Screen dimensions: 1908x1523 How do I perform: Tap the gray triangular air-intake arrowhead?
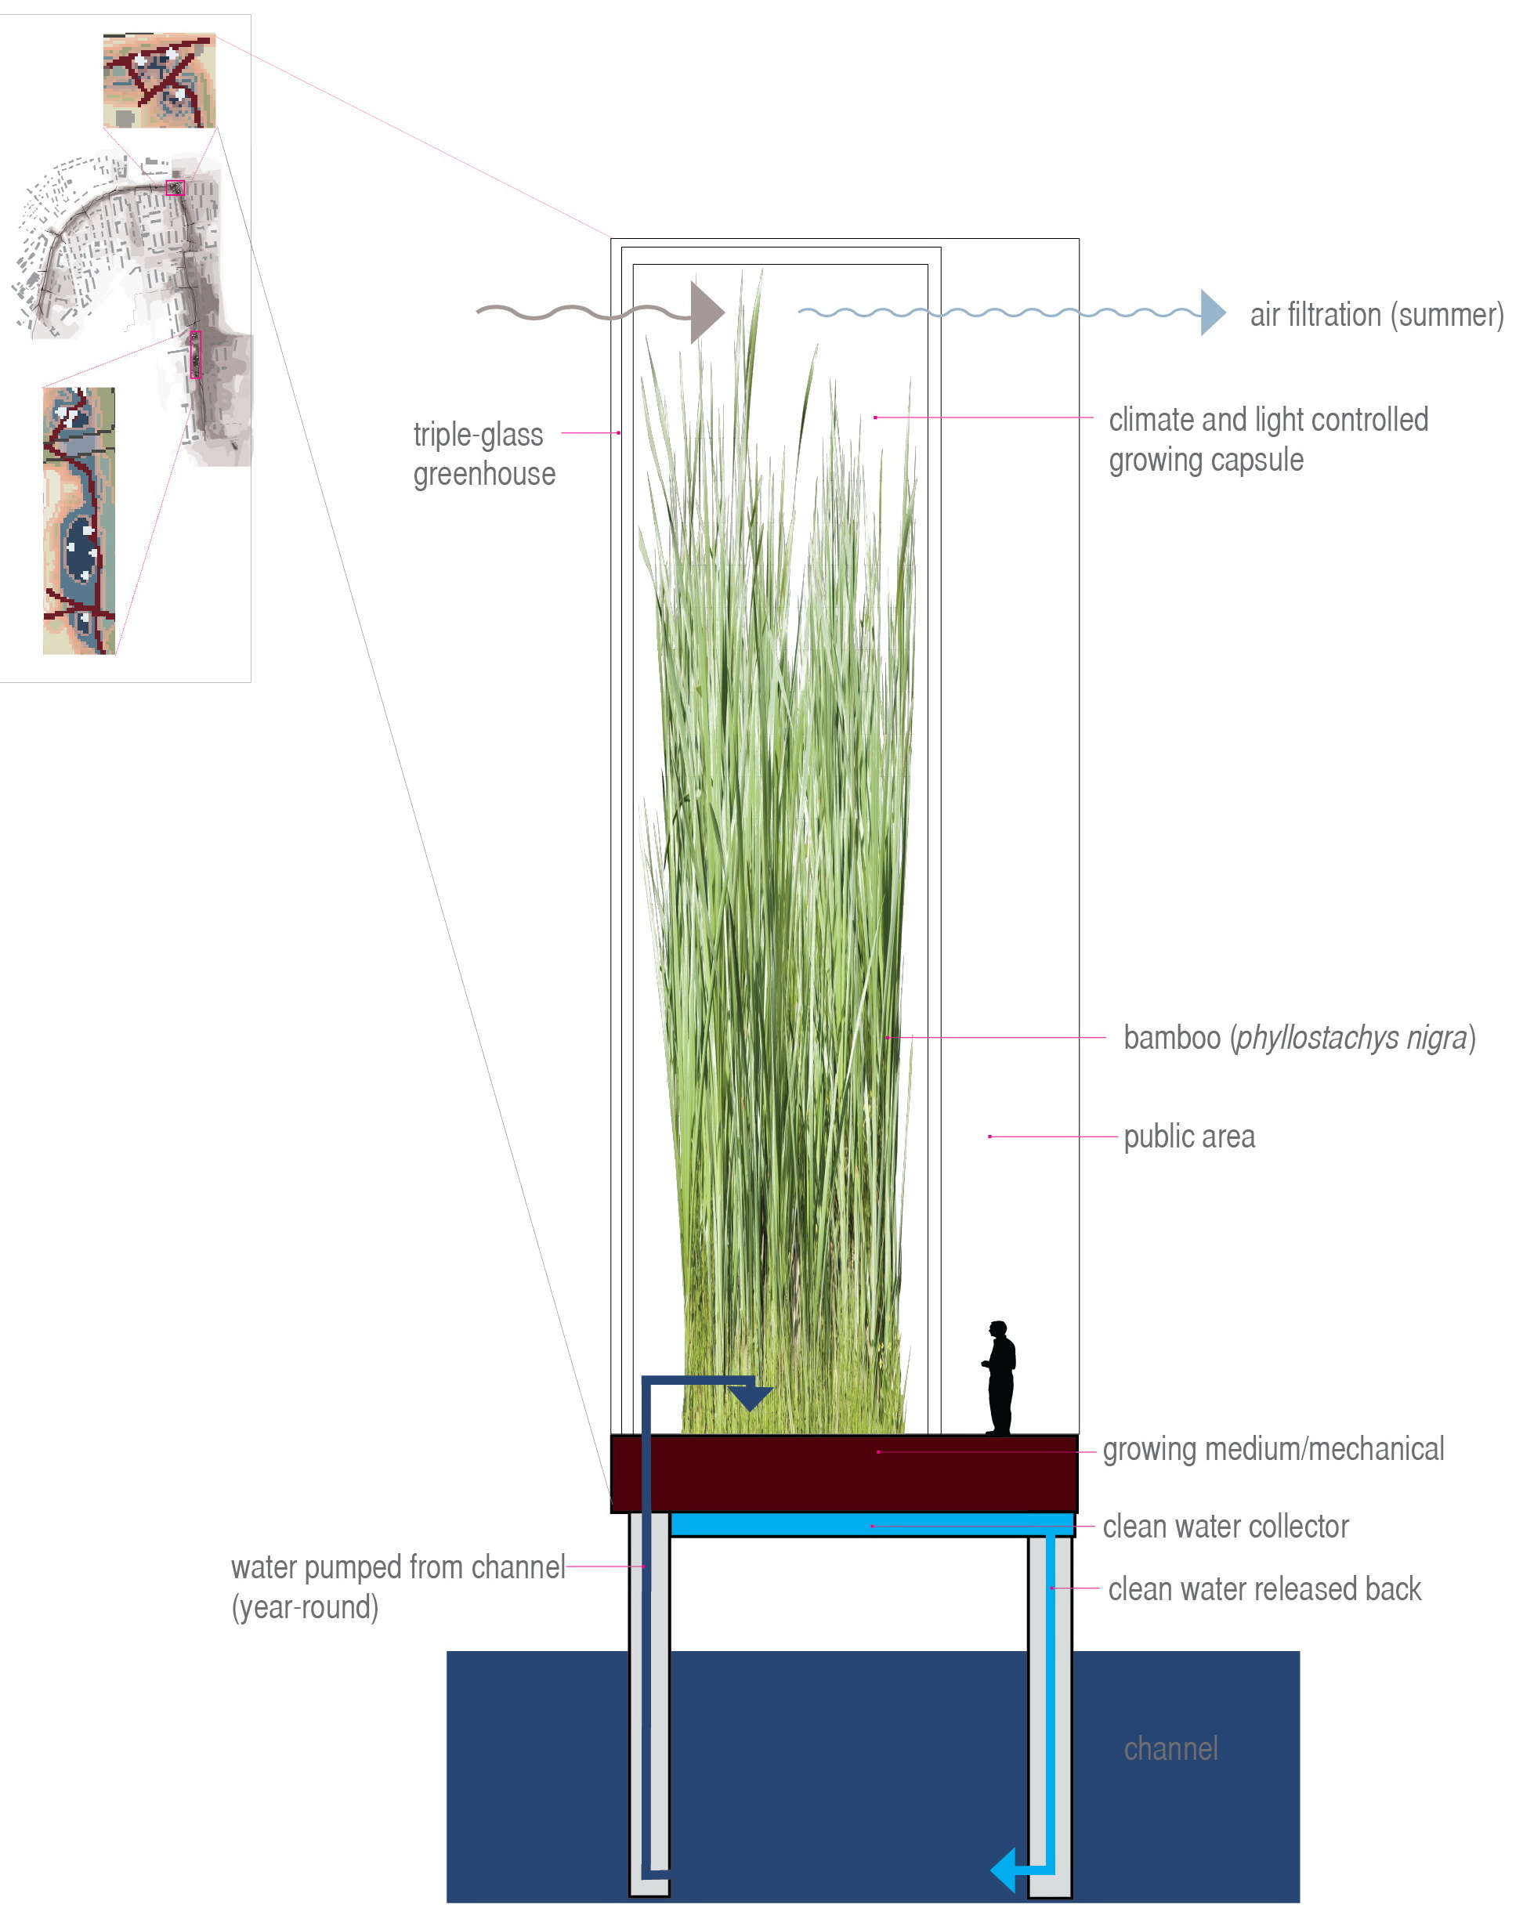(704, 313)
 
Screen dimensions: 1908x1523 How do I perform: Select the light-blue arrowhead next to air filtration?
(1210, 313)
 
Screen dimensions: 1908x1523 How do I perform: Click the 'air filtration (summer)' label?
(1375, 315)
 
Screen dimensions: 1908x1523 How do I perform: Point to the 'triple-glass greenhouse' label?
(483, 454)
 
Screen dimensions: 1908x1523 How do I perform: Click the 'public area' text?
(1188, 1136)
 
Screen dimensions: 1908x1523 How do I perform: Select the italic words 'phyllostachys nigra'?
(1351, 1037)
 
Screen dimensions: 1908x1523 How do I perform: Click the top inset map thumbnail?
(159, 81)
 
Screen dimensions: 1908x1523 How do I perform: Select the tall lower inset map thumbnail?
(79, 520)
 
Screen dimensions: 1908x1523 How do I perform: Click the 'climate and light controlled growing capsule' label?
(1268, 439)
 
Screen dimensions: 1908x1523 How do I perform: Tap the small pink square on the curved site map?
(175, 188)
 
